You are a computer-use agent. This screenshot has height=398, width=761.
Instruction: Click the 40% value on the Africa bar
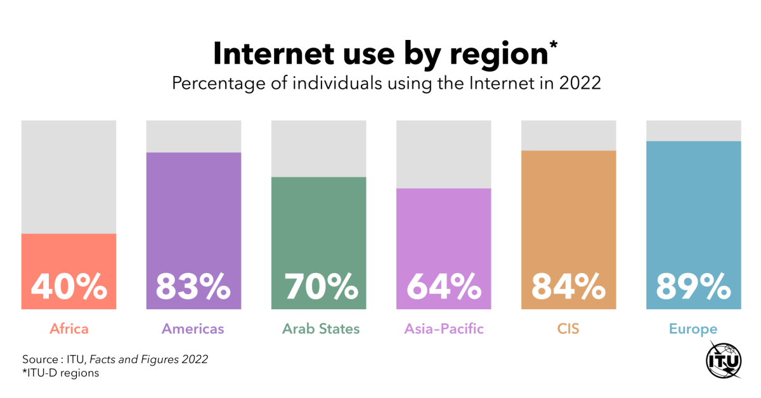pos(68,287)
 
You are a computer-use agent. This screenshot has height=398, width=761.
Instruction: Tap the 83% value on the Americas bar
pos(193,287)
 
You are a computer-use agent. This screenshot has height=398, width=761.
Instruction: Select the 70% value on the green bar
pos(318,287)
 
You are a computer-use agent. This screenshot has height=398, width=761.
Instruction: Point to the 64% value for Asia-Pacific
pos(443,287)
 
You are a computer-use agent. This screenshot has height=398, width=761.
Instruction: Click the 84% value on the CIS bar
pos(568,287)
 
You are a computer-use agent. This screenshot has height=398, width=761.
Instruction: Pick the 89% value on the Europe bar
pos(693,287)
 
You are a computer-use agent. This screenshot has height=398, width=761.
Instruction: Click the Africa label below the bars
pos(68,329)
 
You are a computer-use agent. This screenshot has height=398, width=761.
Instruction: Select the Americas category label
pos(193,329)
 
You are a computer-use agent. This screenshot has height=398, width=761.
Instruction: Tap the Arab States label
pos(321,329)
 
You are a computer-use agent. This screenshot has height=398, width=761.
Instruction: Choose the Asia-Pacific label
pos(444,329)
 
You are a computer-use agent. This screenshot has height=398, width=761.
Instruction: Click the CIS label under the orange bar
pos(568,329)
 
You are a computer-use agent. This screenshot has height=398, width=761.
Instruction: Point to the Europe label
pos(693,329)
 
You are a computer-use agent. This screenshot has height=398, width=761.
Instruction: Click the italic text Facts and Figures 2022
pos(148,359)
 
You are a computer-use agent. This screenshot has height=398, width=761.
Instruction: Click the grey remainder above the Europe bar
pos(693,130)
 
